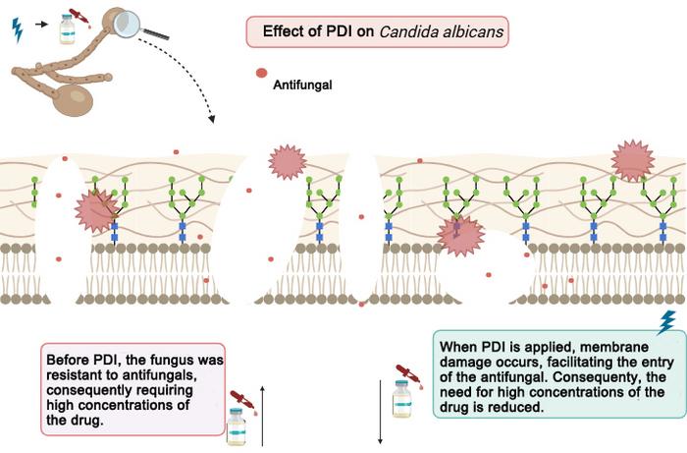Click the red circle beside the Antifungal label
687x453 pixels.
pos(260,74)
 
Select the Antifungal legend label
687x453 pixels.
pos(302,85)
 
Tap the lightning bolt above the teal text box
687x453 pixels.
pos(665,321)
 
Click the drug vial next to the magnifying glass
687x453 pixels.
pos(67,28)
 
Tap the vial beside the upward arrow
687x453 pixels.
pos(236,424)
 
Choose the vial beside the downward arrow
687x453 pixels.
pos(400,398)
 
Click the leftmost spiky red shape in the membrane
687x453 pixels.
pos(96,211)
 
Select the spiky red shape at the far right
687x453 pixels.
pos(633,159)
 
